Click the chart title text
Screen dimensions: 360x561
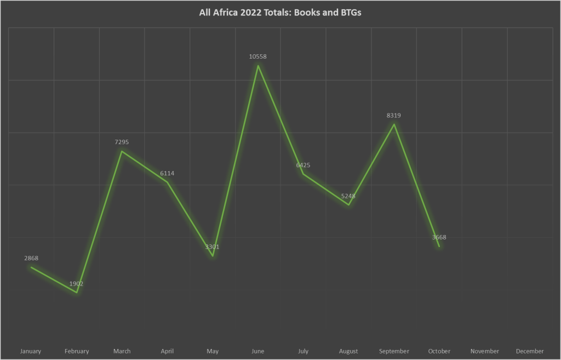click(280, 13)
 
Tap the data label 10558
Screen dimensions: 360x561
click(257, 56)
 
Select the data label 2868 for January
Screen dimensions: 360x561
click(31, 258)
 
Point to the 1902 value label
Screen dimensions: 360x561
click(76, 284)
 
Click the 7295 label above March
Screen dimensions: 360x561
click(122, 142)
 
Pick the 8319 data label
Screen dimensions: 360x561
click(394, 116)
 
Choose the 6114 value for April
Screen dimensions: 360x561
click(167, 173)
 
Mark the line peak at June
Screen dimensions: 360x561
click(257, 66)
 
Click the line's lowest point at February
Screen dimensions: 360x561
click(77, 293)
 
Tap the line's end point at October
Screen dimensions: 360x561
click(439, 247)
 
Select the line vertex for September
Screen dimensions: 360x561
click(394, 124)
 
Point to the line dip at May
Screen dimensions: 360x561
click(213, 256)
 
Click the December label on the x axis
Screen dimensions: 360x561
click(530, 351)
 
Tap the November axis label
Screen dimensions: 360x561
click(484, 351)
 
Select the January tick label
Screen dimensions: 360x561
click(31, 351)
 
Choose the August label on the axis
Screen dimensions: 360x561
click(348, 351)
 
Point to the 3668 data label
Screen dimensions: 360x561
click(439, 237)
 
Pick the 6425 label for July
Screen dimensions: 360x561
click(303, 165)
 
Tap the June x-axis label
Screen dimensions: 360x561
click(257, 351)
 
